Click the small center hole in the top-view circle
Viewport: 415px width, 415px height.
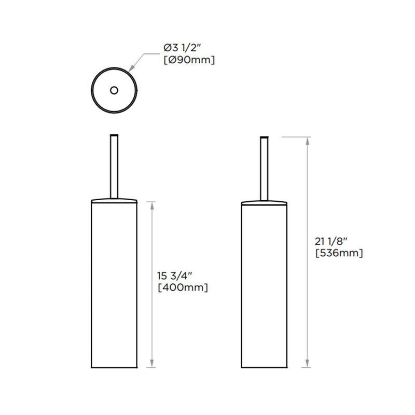114,90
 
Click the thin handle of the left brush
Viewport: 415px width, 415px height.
114,166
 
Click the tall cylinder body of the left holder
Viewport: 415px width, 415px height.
114,285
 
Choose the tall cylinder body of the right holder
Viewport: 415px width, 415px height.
265,285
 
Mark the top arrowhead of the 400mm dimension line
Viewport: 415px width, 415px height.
152,205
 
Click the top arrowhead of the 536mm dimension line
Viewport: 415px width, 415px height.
309,141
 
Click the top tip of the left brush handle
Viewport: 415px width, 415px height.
114,136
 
